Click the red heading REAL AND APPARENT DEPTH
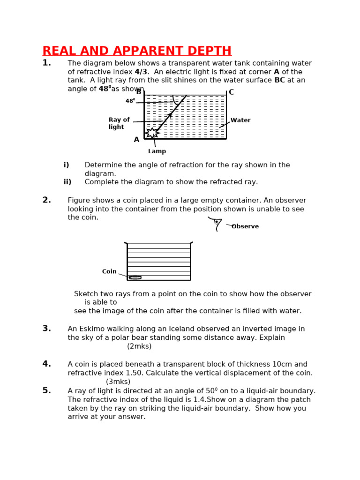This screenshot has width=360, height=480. click(x=137, y=51)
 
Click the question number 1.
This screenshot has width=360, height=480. click(x=46, y=63)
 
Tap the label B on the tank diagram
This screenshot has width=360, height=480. click(x=139, y=92)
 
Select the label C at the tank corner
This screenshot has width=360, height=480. click(x=231, y=92)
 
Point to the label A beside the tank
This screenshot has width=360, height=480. click(x=136, y=140)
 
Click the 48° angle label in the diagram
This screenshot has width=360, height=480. click(x=130, y=101)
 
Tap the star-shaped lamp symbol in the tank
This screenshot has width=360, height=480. click(x=152, y=133)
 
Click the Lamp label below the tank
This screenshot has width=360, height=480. click(x=157, y=151)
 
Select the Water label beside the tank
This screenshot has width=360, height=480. click(x=240, y=120)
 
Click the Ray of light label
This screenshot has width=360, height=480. click(x=119, y=123)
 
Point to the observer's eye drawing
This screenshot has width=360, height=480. click(x=216, y=223)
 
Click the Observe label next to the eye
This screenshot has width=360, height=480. click(x=245, y=226)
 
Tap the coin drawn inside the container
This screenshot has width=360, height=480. click(x=135, y=277)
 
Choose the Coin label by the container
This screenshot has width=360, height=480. click(x=109, y=272)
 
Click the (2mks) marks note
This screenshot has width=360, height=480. click(x=139, y=346)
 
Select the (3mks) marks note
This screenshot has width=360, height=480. click(x=118, y=382)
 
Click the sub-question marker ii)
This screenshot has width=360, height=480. click(x=67, y=182)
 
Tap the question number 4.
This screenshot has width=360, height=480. click(x=46, y=364)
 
